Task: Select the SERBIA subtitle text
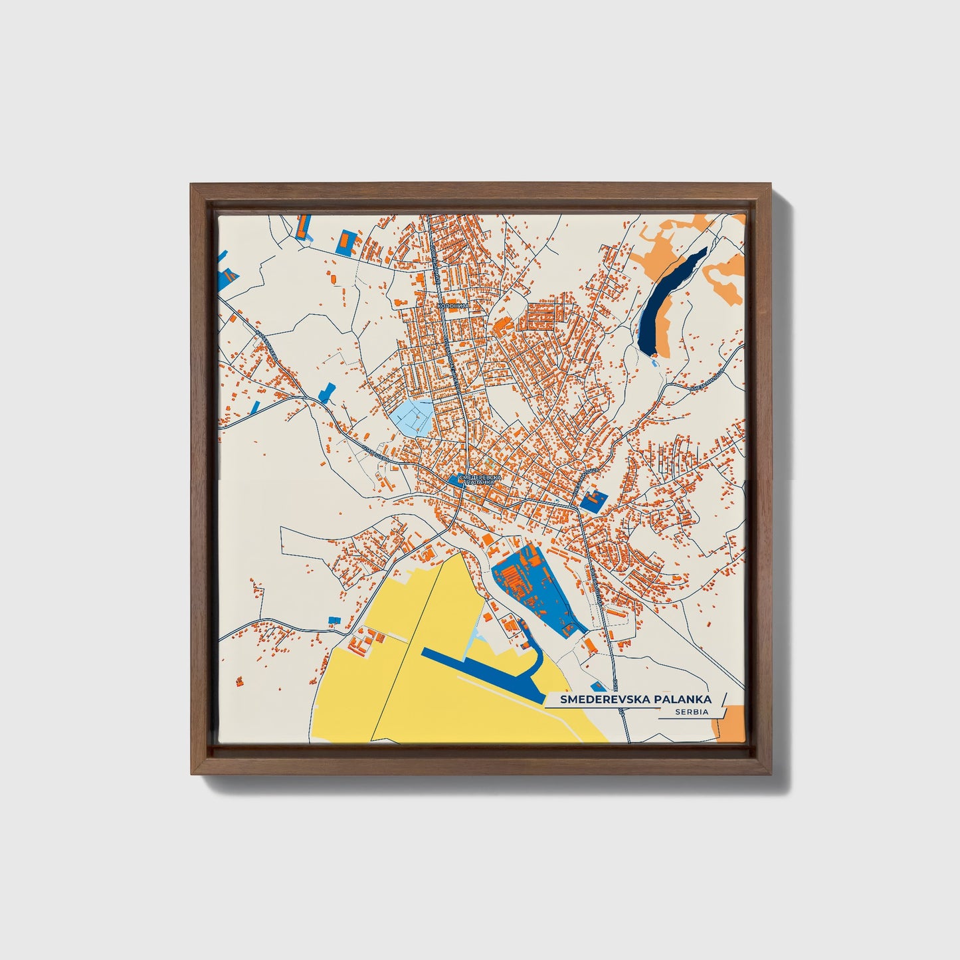690,712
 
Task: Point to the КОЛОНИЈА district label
453,306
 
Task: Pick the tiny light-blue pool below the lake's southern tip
656,363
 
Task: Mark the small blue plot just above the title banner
599,687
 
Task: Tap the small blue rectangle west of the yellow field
334,620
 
